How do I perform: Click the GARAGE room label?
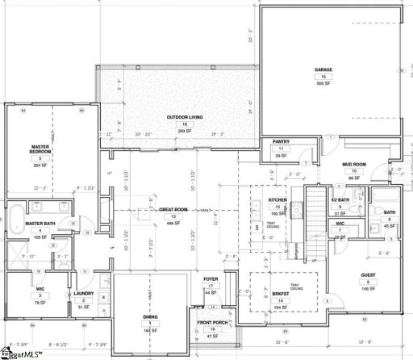[323, 70]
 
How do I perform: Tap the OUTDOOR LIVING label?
[184, 118]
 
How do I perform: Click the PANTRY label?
[281, 142]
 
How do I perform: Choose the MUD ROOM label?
[353, 165]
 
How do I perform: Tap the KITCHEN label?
[278, 199]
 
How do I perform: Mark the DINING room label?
[151, 316]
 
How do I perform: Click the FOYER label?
[211, 279]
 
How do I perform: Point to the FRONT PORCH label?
[212, 323]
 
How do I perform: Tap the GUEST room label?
[367, 275]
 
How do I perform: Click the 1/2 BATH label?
[341, 199]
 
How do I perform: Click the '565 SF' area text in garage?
[323, 83]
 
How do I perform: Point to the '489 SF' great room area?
[173, 223]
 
